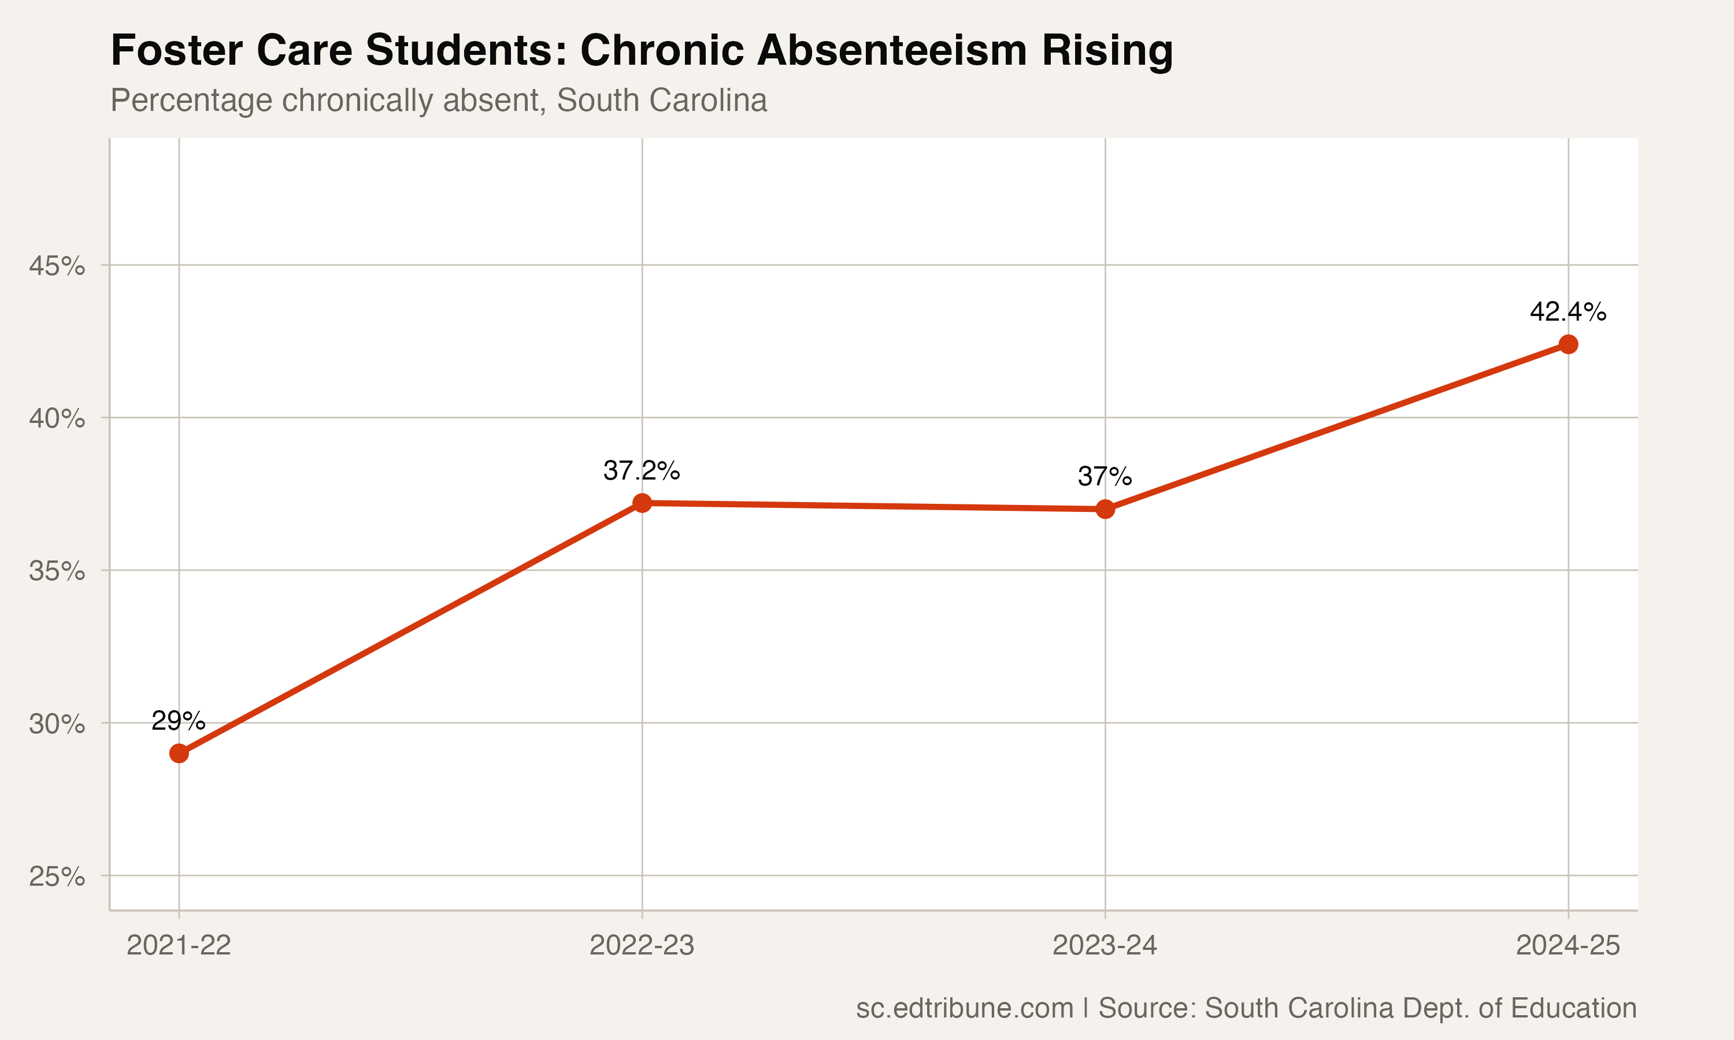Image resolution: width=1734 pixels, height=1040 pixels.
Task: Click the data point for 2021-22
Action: (179, 753)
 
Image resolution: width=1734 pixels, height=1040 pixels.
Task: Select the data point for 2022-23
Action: (642, 503)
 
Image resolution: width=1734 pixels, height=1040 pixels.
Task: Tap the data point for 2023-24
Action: (1105, 509)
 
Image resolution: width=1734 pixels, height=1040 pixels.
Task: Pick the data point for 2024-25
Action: (1568, 344)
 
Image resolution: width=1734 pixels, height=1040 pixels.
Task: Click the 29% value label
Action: (179, 720)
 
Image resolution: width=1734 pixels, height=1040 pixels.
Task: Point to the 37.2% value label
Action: (642, 470)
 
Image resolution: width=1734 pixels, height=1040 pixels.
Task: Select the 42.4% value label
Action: (1568, 311)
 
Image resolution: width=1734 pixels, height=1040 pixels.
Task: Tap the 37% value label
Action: (1105, 477)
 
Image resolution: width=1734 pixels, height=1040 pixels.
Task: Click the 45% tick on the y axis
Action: (57, 266)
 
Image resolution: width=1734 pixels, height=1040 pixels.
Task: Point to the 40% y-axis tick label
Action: (57, 418)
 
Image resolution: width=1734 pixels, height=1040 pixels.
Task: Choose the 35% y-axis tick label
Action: (57, 571)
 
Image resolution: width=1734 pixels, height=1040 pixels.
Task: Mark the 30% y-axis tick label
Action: (57, 723)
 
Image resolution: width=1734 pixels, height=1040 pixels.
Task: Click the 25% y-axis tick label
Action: (57, 876)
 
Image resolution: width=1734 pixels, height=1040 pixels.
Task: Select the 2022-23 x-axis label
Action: (642, 945)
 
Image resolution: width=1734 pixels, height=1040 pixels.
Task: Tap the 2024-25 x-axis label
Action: (1568, 945)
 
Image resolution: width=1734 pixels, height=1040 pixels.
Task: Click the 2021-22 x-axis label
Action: (179, 945)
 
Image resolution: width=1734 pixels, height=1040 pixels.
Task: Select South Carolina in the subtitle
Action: (662, 100)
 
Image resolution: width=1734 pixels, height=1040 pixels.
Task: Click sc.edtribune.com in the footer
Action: (965, 1008)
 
